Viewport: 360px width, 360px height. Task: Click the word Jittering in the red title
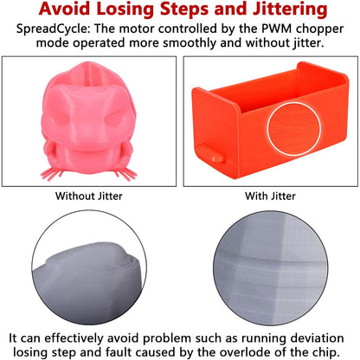[290, 10]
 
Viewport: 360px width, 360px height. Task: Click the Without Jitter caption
[89, 196]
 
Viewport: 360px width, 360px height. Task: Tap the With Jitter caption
[270, 196]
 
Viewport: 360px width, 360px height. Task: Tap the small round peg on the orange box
[218, 158]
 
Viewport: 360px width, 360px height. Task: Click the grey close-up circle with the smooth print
[89, 267]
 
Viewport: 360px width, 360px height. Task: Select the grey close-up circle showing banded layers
[271, 268]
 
